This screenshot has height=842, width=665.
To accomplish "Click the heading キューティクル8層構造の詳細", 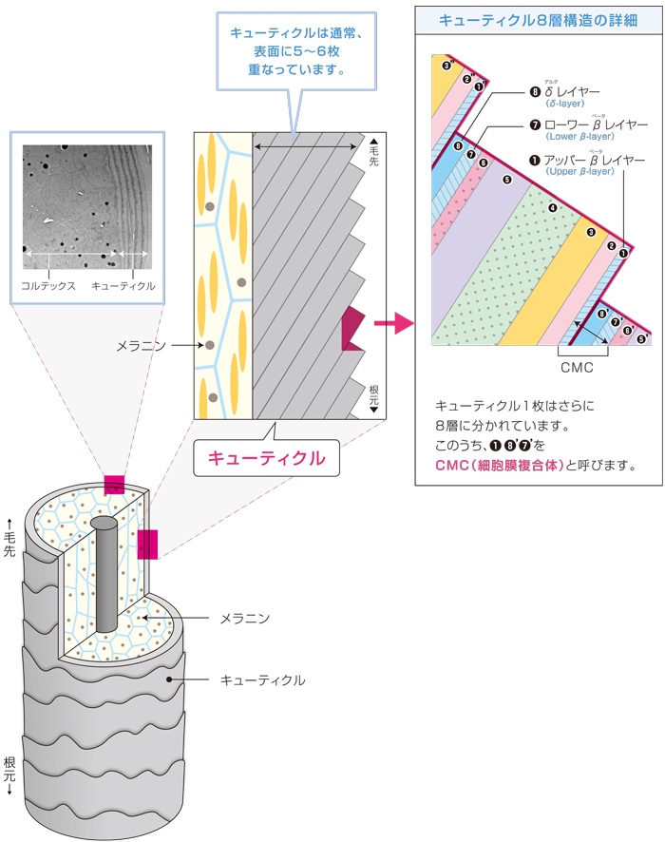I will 538,21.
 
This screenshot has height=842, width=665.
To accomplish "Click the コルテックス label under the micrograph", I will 47,284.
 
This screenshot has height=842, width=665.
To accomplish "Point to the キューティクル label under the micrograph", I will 123,284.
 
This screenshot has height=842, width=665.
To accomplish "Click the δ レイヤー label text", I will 573,92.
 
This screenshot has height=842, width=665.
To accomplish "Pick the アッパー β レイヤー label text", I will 594,161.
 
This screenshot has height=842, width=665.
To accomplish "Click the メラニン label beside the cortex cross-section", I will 142,346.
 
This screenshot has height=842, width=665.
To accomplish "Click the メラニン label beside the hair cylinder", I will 245,618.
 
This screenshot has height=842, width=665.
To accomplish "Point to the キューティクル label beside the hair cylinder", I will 262,679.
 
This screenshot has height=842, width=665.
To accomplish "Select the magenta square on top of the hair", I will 115,483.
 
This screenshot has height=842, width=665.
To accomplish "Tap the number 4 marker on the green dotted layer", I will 553,206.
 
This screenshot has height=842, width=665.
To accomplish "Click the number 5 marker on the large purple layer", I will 507,179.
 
